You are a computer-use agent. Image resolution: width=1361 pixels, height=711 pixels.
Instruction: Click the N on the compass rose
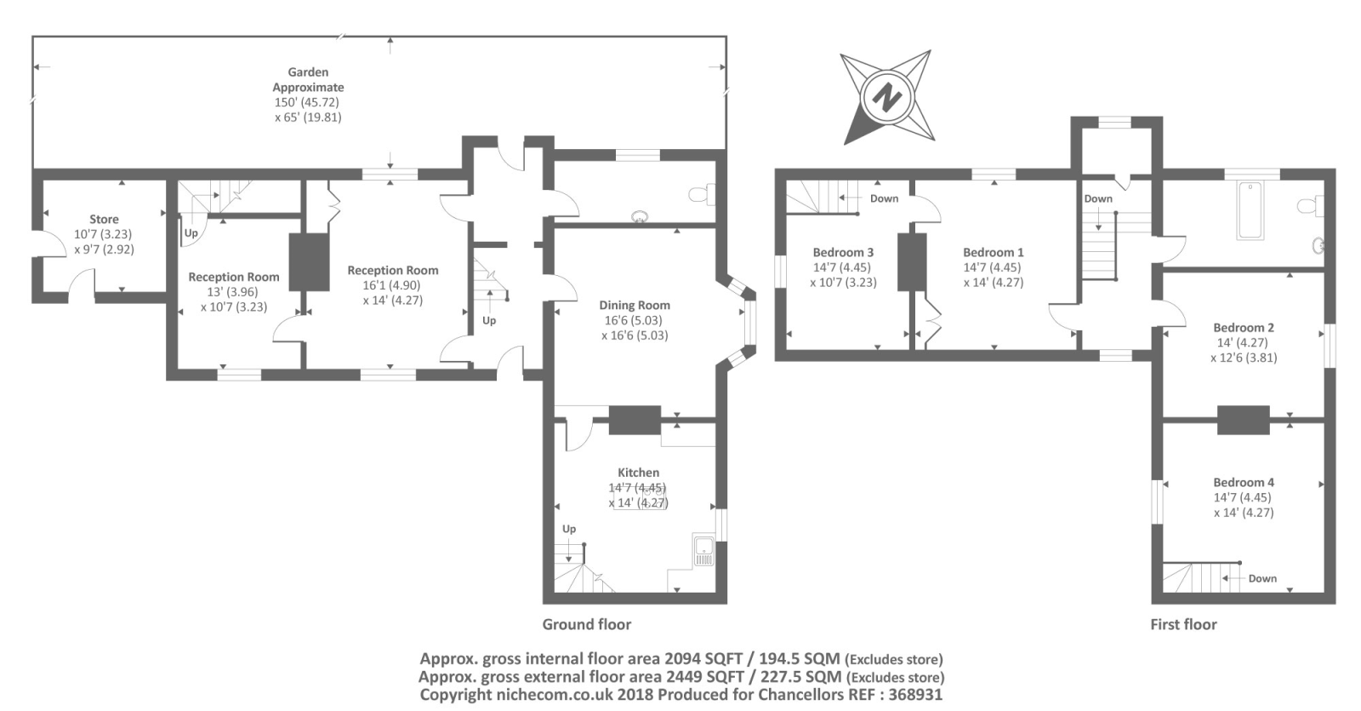point(886,97)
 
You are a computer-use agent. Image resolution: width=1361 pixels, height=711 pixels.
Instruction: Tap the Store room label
point(104,219)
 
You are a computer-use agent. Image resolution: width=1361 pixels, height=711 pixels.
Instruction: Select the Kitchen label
point(638,473)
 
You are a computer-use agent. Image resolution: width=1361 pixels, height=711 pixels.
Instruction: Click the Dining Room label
point(635,306)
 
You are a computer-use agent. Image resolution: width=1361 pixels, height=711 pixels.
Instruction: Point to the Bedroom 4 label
point(1244,482)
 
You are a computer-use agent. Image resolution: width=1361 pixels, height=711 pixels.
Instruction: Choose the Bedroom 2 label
point(1244,327)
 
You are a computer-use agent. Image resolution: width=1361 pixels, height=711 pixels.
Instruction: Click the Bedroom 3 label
point(843,252)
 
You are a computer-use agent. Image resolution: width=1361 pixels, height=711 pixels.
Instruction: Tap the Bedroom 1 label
point(994,252)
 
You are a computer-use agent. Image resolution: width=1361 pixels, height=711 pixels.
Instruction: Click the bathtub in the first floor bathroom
point(1250,209)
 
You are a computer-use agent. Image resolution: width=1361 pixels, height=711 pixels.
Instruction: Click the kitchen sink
point(704,551)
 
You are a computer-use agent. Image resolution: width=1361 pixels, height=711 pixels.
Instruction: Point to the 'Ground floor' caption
point(586,625)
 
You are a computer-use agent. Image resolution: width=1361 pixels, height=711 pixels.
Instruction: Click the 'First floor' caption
point(1183,625)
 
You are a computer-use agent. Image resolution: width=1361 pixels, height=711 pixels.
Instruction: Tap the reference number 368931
point(915,695)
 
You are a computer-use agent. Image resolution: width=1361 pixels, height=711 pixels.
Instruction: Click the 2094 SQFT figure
point(703,659)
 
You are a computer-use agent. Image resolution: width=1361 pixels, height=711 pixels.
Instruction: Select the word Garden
point(308,72)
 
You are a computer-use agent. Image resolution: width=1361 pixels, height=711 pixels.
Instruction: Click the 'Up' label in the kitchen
point(569,529)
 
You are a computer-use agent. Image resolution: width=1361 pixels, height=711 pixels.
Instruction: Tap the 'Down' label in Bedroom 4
point(1262,578)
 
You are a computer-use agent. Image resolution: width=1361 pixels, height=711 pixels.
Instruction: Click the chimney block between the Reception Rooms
point(310,262)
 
